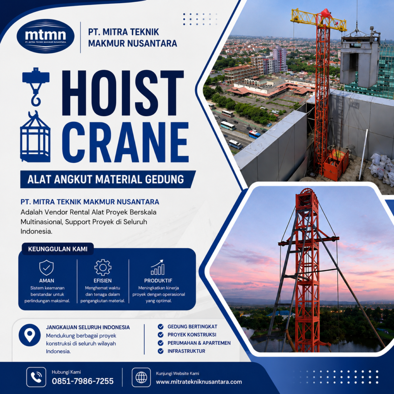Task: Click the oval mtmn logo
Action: pyautogui.click(x=45, y=36)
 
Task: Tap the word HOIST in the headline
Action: pyautogui.click(x=123, y=93)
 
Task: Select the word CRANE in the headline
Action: pyautogui.click(x=125, y=142)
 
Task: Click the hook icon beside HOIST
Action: pyautogui.click(x=36, y=87)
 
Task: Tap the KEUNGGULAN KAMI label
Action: pyautogui.click(x=58, y=249)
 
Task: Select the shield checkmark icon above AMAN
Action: pyautogui.click(x=47, y=268)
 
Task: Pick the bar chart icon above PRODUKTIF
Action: pyautogui.click(x=157, y=267)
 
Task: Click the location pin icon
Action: pyautogui.click(x=30, y=335)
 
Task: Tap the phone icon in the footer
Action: pyautogui.click(x=36, y=377)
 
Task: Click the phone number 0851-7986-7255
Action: pyautogui.click(x=83, y=381)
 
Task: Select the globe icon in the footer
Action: pyautogui.click(x=142, y=377)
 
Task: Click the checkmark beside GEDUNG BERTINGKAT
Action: pyautogui.click(x=160, y=327)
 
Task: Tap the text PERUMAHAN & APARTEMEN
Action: pyautogui.click(x=199, y=343)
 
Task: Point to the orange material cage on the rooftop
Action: pyautogui.click(x=336, y=164)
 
